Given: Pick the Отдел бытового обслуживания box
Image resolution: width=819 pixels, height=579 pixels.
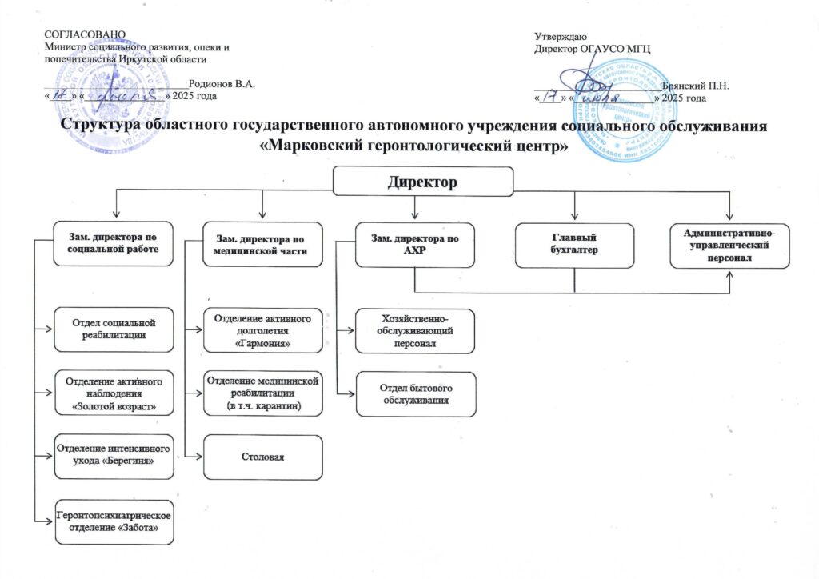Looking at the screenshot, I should (415, 393).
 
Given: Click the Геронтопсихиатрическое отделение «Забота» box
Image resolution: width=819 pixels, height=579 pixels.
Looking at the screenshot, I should (114, 522).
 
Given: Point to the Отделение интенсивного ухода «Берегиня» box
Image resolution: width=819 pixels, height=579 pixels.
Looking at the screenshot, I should (114, 455).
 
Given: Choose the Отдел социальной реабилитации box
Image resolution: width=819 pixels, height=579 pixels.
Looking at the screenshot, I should (114, 329).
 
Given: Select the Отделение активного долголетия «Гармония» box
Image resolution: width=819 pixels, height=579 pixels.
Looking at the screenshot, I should (263, 329).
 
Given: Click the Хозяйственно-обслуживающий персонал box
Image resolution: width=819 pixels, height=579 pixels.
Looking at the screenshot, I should (415, 329).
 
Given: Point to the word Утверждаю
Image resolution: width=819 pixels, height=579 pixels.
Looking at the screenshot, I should (561, 35).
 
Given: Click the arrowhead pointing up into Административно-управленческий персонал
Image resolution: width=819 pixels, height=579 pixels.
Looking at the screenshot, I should (729, 274).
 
